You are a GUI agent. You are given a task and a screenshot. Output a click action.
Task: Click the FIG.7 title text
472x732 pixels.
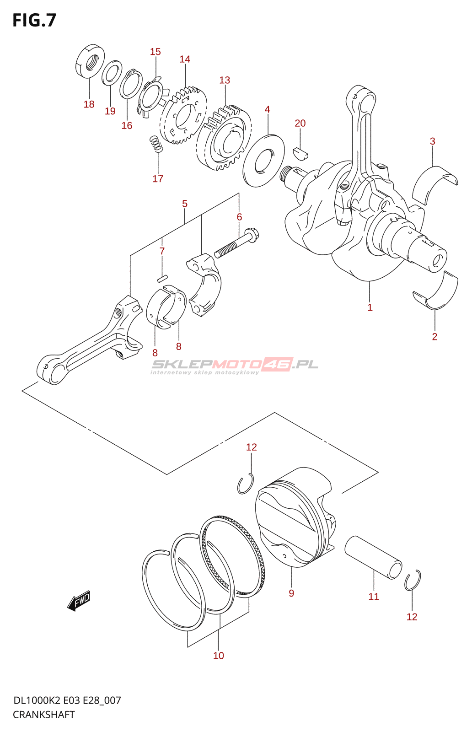(34, 21)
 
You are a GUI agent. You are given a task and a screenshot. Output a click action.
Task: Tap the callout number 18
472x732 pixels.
(89, 104)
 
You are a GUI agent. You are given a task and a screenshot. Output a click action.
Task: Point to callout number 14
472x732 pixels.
(185, 59)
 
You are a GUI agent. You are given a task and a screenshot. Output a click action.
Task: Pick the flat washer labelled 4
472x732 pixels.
(263, 160)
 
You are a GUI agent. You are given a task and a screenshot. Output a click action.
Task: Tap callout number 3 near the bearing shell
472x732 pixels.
(432, 141)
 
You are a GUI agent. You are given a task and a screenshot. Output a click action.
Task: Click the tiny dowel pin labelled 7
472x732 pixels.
(162, 277)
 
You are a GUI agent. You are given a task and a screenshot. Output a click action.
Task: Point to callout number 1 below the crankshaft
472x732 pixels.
(370, 308)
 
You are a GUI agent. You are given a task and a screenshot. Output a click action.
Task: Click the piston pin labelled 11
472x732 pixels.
(373, 558)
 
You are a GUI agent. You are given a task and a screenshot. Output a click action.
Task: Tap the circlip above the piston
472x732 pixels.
(246, 484)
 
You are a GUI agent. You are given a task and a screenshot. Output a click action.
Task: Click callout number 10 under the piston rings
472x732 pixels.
(219, 656)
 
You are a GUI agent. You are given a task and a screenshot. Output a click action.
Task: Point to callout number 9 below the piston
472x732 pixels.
(291, 593)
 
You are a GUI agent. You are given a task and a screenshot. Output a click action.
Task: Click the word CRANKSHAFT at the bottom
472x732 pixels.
(44, 715)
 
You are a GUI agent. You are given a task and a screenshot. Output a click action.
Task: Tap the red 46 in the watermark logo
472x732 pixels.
(277, 364)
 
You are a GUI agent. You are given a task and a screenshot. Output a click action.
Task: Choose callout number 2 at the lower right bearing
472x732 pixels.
(434, 337)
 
